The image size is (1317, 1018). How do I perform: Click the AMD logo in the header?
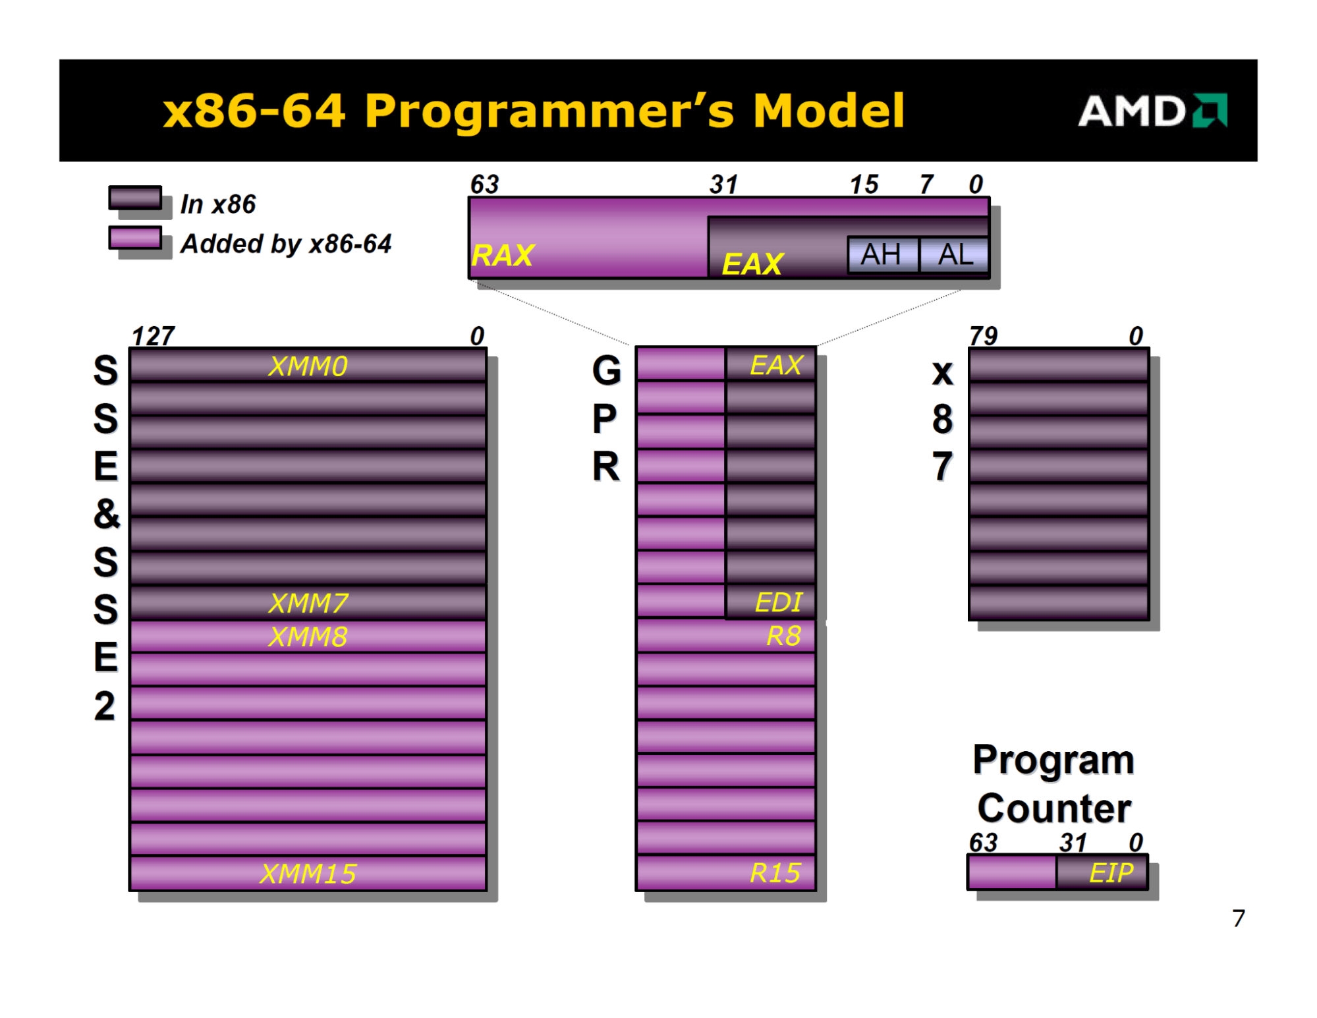1152,110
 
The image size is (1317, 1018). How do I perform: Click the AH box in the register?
883,254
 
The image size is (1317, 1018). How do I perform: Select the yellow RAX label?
503,256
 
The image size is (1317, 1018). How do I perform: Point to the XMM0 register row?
308,366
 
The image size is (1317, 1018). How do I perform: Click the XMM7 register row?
308,602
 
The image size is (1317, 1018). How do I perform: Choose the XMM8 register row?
308,636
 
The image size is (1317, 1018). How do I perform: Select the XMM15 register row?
308,873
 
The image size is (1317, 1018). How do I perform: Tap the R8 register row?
725,636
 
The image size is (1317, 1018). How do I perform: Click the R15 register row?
725,872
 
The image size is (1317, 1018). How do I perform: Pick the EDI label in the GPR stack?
778,602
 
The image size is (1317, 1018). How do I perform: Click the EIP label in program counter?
1111,872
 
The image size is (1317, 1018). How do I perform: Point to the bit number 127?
153,336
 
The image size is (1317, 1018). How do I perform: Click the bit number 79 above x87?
983,336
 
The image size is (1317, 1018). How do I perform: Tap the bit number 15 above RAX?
864,184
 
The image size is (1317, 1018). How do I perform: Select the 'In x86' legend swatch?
135,198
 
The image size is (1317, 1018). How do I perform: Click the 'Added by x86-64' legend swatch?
135,238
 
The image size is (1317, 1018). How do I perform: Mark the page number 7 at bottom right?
1239,918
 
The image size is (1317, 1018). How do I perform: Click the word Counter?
1054,808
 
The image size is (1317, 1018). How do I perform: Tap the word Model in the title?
828,110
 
